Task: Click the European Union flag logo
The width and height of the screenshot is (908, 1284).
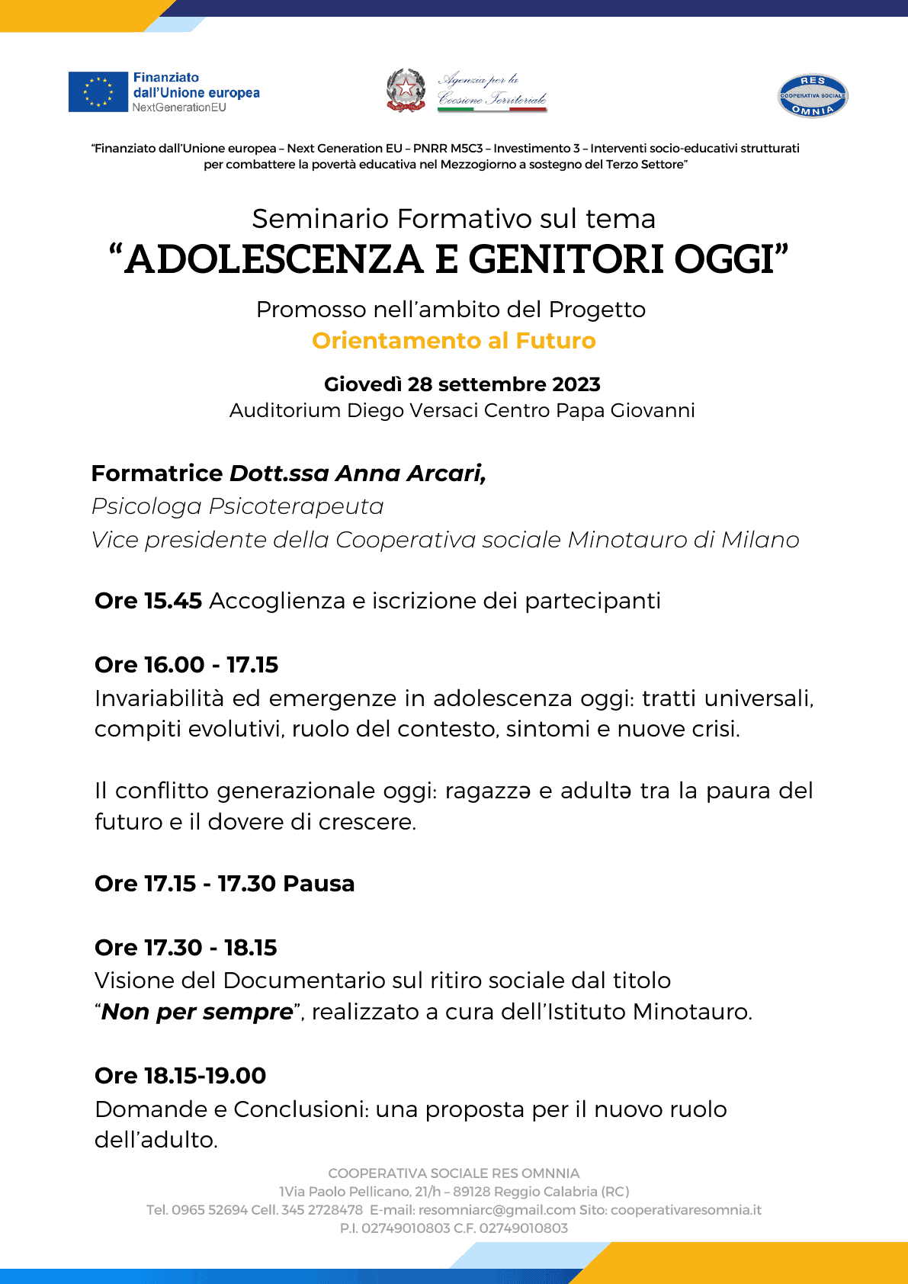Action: click(x=98, y=92)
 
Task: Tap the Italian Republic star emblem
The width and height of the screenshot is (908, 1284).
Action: click(x=406, y=91)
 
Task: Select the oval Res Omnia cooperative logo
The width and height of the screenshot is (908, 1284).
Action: click(x=813, y=96)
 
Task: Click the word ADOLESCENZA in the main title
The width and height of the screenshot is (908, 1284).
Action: click(x=274, y=259)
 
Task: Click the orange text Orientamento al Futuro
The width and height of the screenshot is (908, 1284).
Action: click(x=454, y=341)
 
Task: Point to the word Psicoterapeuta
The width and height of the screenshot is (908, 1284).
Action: click(x=297, y=506)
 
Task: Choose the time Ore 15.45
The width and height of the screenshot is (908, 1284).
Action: click(x=148, y=601)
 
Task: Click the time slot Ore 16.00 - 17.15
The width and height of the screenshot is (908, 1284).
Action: click(x=186, y=665)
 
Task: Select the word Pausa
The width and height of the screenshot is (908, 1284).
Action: click(x=319, y=884)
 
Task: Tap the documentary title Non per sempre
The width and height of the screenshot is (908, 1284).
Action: click(x=197, y=1012)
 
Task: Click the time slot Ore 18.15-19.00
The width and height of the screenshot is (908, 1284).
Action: click(x=180, y=1076)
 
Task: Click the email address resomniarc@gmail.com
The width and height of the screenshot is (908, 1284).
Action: click(x=497, y=1210)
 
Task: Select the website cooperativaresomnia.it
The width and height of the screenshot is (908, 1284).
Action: click(x=686, y=1210)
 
